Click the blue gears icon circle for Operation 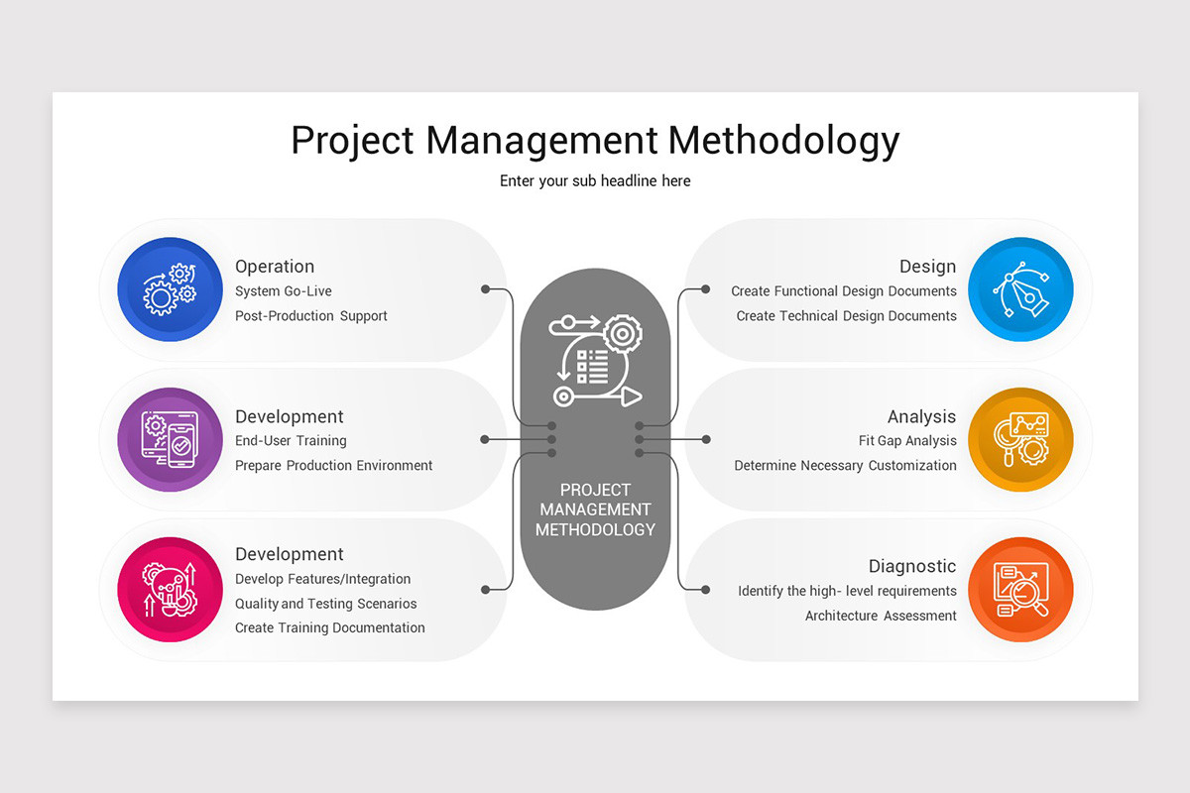point(170,289)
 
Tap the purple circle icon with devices point(170,440)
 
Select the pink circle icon point(170,590)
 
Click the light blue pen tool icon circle point(1020,289)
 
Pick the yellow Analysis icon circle point(1020,440)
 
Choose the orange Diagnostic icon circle point(1020,590)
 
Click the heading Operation point(275,266)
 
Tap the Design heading point(927,266)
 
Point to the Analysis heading point(921,417)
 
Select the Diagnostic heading point(912,566)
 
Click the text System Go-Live point(284,291)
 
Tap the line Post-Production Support point(310,316)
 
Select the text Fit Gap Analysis point(907,441)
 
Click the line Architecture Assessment point(881,616)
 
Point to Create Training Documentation point(330,627)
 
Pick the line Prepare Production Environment point(333,465)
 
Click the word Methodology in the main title point(783,141)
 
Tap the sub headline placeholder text point(595,181)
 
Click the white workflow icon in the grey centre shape point(596,361)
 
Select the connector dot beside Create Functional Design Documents point(705,289)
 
